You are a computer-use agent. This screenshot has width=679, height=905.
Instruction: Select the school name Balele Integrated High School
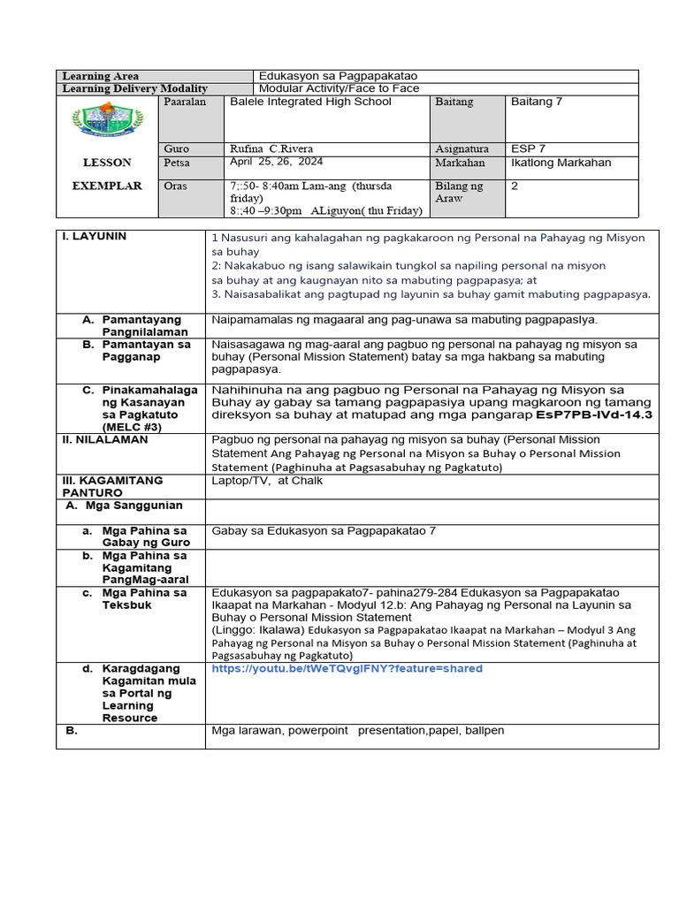click(310, 102)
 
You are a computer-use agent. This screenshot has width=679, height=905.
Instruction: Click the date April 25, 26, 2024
click(276, 162)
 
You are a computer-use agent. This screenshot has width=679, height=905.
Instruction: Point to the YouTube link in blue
click(347, 669)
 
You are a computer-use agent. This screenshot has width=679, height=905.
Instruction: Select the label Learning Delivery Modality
click(135, 88)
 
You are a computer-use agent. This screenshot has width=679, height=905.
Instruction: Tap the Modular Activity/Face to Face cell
click(339, 88)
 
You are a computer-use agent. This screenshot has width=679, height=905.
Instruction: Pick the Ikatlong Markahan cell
click(561, 163)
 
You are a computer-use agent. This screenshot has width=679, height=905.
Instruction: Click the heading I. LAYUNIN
click(94, 237)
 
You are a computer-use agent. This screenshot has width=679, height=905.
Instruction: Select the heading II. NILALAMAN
click(104, 439)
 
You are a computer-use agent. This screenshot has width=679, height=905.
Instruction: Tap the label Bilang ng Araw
click(460, 193)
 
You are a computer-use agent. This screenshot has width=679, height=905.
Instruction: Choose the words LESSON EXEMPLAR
click(107, 174)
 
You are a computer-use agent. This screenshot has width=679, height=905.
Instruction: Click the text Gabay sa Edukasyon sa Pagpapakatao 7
click(324, 530)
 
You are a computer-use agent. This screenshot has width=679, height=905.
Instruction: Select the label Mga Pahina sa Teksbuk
click(144, 598)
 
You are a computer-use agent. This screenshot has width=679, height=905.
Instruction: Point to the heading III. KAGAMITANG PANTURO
click(112, 487)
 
